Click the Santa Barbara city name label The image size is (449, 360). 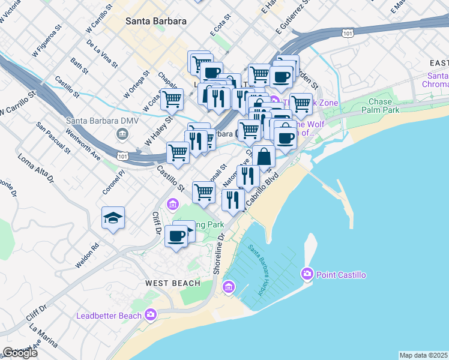click(155, 20)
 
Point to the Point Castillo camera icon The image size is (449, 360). click(307, 274)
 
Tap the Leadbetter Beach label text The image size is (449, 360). click(109, 316)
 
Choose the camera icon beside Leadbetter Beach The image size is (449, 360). click(150, 314)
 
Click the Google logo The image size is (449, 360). click(20, 353)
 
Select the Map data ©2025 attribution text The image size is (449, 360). click(424, 355)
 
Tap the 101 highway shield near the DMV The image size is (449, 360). click(122, 156)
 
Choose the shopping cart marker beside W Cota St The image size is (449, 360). click(172, 99)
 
